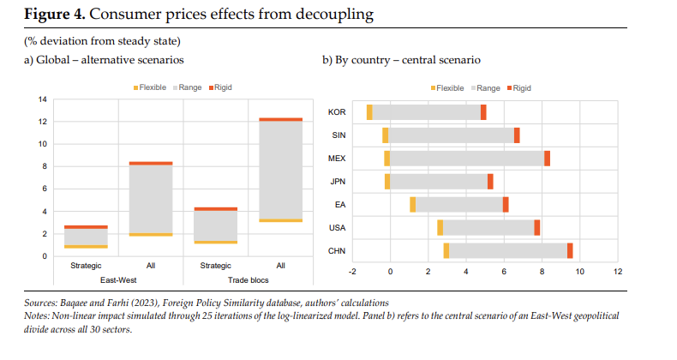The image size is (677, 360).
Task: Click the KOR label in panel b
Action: click(337, 112)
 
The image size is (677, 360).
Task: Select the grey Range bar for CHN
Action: click(507, 250)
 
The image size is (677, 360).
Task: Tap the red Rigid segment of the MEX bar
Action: click(547, 159)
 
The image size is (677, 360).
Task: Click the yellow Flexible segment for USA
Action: click(440, 227)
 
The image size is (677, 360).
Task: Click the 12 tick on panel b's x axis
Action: click(617, 272)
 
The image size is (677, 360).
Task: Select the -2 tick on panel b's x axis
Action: click(352, 272)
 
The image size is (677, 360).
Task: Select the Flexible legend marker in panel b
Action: click(433, 87)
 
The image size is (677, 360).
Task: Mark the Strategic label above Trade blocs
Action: click(215, 267)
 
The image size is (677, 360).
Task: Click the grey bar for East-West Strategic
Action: click(87, 237)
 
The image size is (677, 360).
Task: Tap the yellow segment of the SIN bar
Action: click(386, 135)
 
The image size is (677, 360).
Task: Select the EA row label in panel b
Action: click(340, 204)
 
